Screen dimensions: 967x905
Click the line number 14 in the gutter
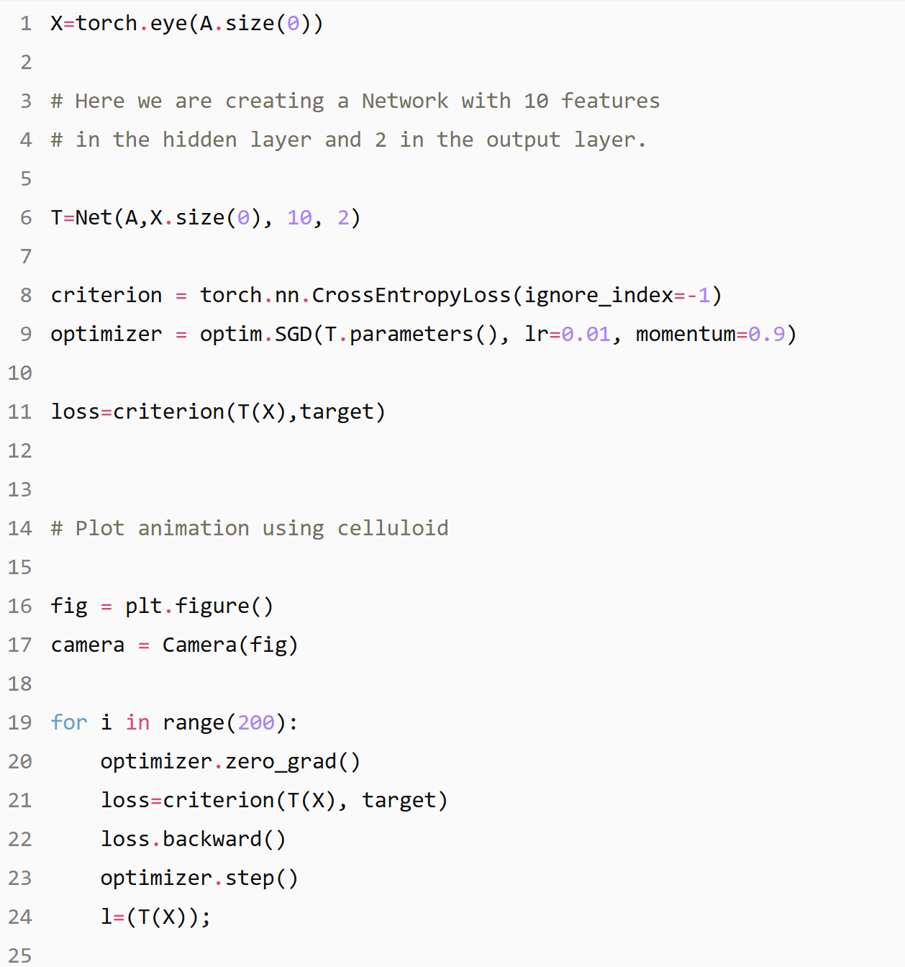pyautogui.click(x=20, y=528)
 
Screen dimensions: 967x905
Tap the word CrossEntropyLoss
pyautogui.click(x=411, y=295)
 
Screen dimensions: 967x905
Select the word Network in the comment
pyautogui.click(x=404, y=101)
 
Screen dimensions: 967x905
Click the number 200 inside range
pyautogui.click(x=256, y=722)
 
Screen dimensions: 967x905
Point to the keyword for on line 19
pyautogui.click(x=69, y=722)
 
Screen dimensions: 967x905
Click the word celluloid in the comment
pyautogui.click(x=393, y=528)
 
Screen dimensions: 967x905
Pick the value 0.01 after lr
pyautogui.click(x=586, y=334)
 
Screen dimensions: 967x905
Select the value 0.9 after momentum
pyautogui.click(x=767, y=334)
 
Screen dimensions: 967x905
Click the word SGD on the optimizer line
pyautogui.click(x=294, y=334)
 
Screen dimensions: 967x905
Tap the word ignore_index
pyautogui.click(x=599, y=295)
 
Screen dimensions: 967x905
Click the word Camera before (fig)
pyautogui.click(x=199, y=645)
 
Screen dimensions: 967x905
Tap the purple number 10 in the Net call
pyautogui.click(x=299, y=217)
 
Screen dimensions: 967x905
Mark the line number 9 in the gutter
pyautogui.click(x=26, y=334)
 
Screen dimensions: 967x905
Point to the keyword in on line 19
pyautogui.click(x=137, y=722)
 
